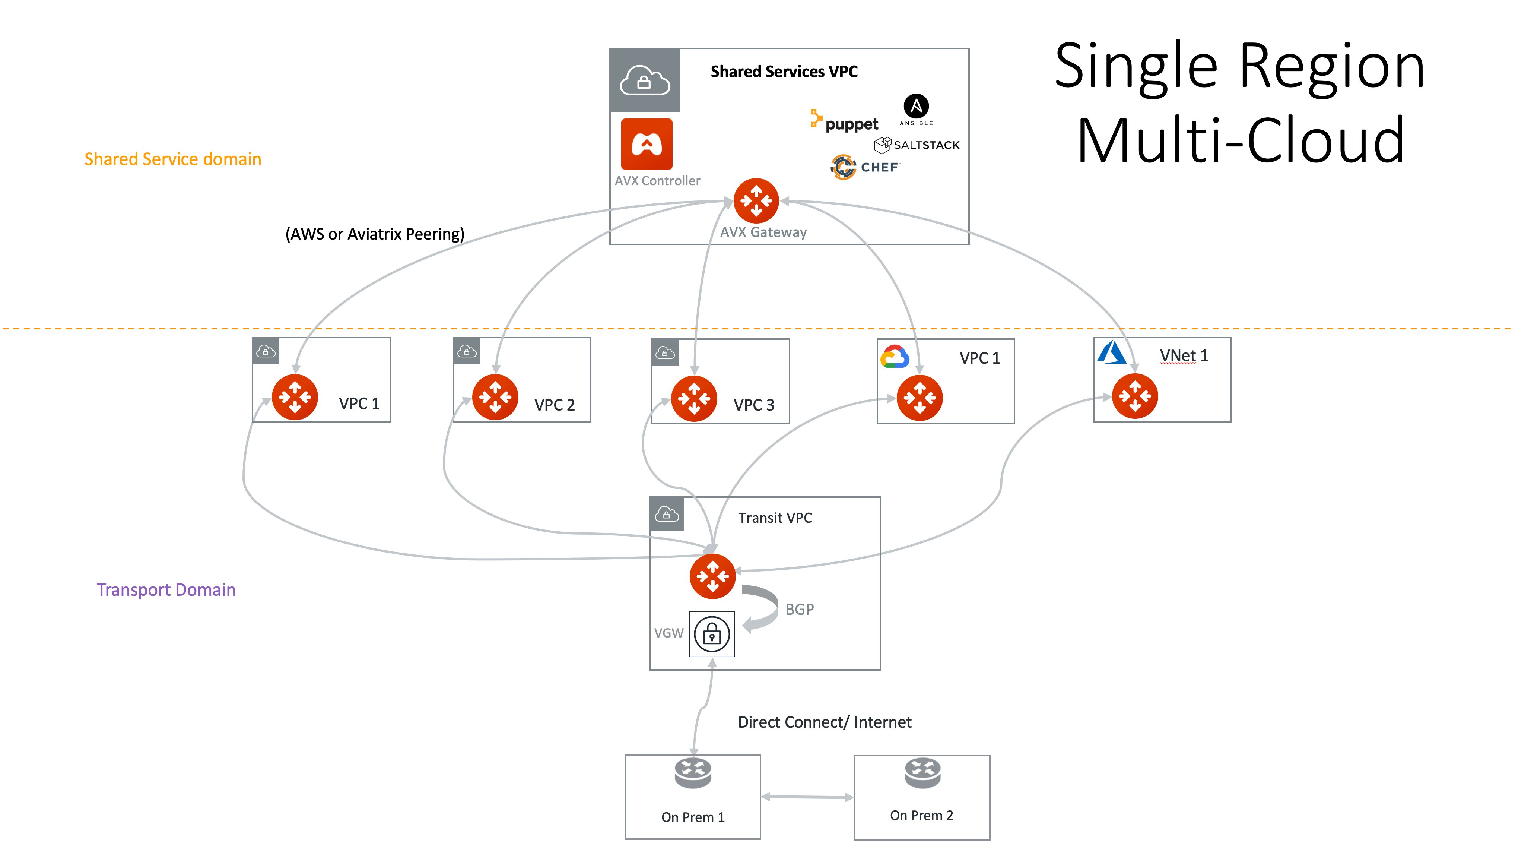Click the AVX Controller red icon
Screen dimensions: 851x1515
pyautogui.click(x=647, y=144)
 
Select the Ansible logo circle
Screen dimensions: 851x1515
pyautogui.click(x=916, y=106)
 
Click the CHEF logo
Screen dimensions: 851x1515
pyautogui.click(x=864, y=167)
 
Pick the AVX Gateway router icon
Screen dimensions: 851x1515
pyautogui.click(x=756, y=201)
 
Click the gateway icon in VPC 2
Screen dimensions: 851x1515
pyautogui.click(x=495, y=397)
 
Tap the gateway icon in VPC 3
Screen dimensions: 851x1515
pyautogui.click(x=694, y=398)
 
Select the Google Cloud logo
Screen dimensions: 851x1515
pyautogui.click(x=895, y=357)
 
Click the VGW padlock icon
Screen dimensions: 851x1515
pyautogui.click(x=712, y=634)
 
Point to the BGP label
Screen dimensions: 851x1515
pyautogui.click(x=799, y=610)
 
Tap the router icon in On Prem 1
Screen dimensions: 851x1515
pyautogui.click(x=693, y=773)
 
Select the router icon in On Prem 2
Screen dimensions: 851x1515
pyautogui.click(x=922, y=773)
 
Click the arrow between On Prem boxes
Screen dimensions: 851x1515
pyautogui.click(x=807, y=797)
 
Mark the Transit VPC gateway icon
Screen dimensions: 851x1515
pyautogui.click(x=712, y=576)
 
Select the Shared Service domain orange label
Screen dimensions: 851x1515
pyautogui.click(x=172, y=159)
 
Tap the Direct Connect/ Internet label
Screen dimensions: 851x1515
pyautogui.click(x=824, y=722)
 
